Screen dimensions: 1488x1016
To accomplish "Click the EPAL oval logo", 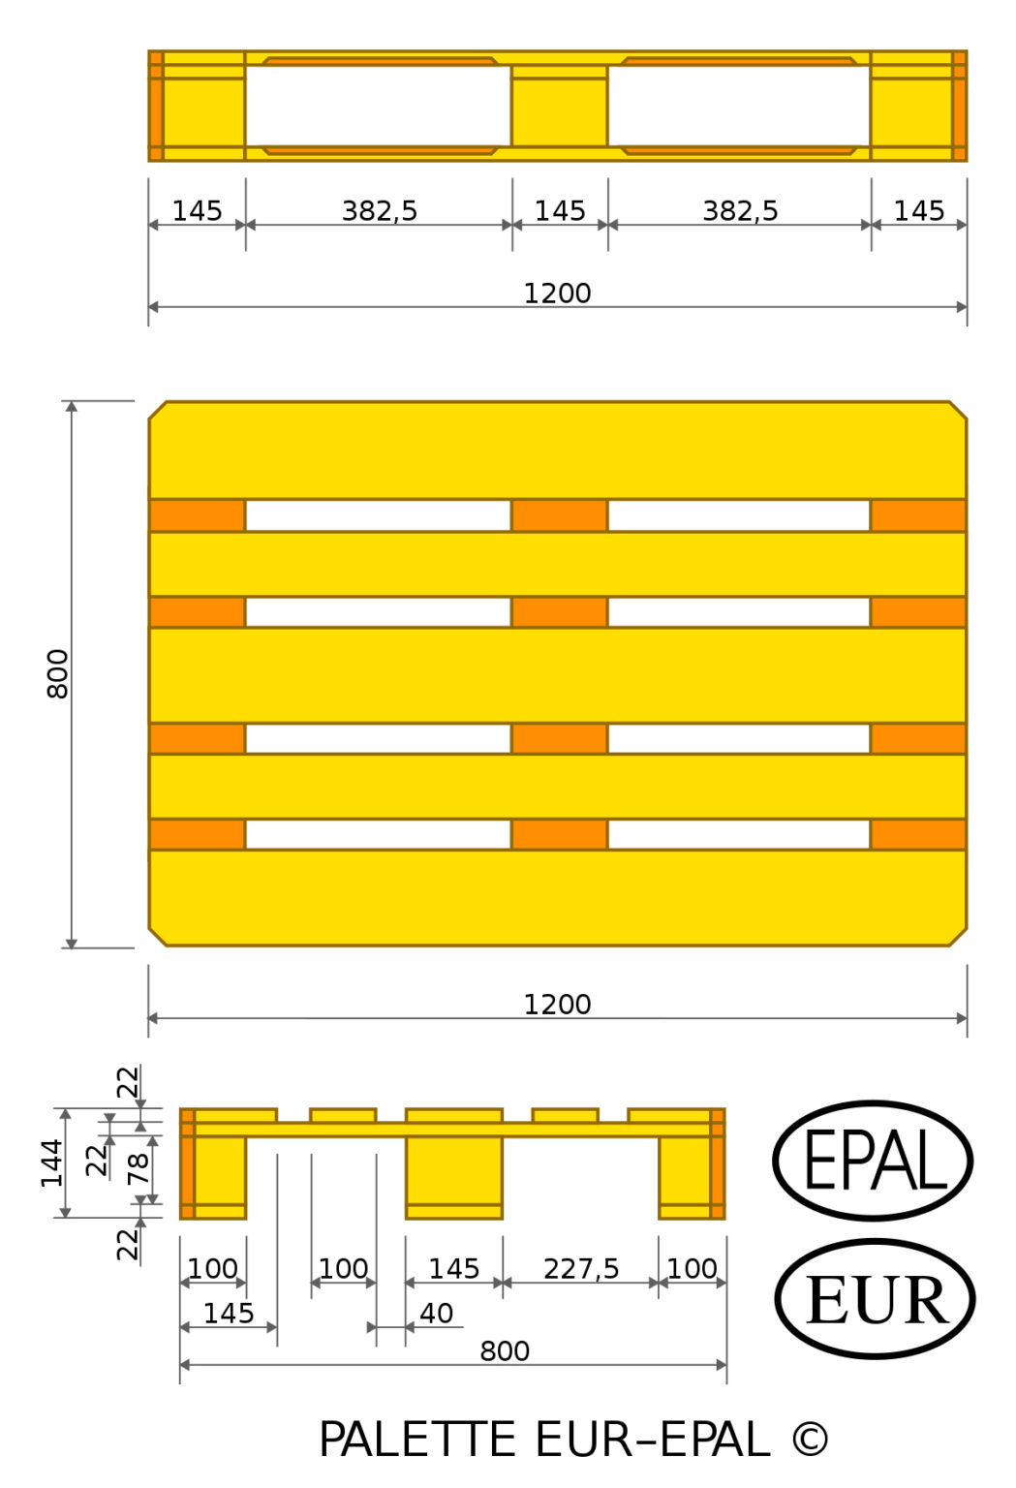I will [873, 1160].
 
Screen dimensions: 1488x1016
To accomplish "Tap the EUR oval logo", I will [875, 1298].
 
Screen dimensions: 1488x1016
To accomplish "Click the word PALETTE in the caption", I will [417, 1440].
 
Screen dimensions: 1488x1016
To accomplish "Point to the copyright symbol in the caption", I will [810, 1440].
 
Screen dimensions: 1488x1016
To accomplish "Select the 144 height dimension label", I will [51, 1162].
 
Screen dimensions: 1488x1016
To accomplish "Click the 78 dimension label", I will [139, 1167].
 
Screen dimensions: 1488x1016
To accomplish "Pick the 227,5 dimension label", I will [581, 1268].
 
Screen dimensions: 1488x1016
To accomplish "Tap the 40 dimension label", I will [436, 1313].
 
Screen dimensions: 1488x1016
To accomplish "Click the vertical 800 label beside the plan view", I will [58, 674].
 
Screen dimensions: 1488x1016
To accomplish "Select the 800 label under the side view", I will [505, 1350].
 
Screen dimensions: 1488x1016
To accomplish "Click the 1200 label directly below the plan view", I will [557, 1005].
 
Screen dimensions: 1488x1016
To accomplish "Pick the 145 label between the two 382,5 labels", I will [560, 210].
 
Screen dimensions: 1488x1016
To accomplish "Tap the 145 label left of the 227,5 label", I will [453, 1268].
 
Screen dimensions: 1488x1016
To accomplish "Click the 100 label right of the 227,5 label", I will [692, 1268].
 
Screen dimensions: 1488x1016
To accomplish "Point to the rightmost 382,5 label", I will [740, 210].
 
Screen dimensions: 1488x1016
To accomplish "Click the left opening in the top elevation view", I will [378, 106].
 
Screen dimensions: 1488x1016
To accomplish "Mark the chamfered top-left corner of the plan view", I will [157, 411].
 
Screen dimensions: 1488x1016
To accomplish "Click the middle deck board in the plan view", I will [557, 674].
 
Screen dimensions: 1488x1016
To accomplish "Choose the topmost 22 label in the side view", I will [128, 1081].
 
